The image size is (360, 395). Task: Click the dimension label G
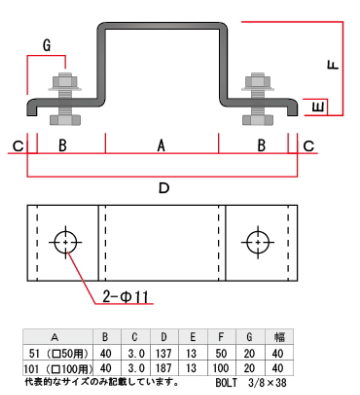click(47, 45)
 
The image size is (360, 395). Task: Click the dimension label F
click(333, 64)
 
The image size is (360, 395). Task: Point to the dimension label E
click(319, 107)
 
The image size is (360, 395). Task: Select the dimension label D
click(164, 188)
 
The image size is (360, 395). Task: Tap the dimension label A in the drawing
click(161, 146)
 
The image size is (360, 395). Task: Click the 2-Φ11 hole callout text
click(125, 296)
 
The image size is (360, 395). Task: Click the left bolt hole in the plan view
click(65, 242)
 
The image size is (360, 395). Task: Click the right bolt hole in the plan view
click(258, 242)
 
